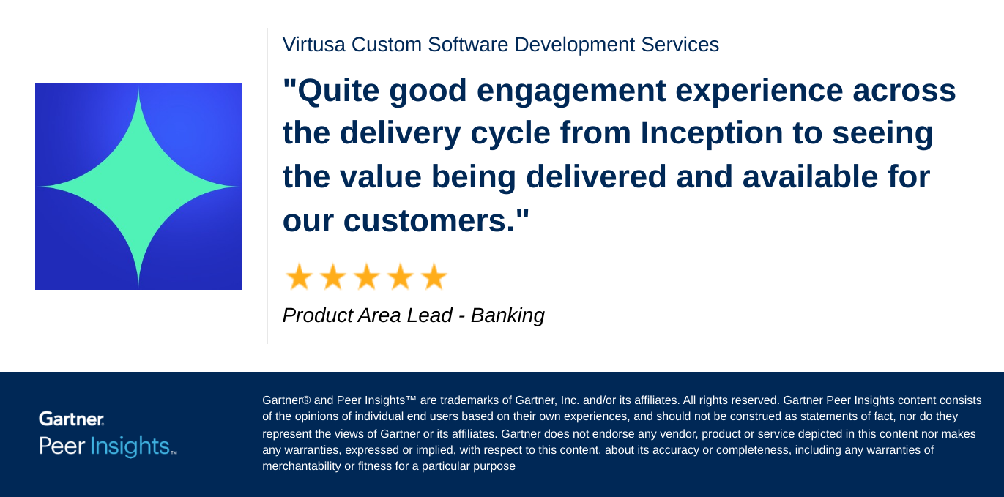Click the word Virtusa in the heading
313,45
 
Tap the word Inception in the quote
711,132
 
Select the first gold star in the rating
299,277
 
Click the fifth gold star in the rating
434,277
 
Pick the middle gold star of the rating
367,277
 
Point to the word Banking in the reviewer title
507,315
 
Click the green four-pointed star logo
138,187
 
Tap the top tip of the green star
138,87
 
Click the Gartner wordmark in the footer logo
71,419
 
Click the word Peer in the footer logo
62,446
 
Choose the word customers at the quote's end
429,220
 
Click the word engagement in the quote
571,91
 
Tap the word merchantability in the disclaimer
302,466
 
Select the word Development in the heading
575,45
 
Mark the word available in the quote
809,176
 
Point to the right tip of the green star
238,187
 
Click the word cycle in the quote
510,132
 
